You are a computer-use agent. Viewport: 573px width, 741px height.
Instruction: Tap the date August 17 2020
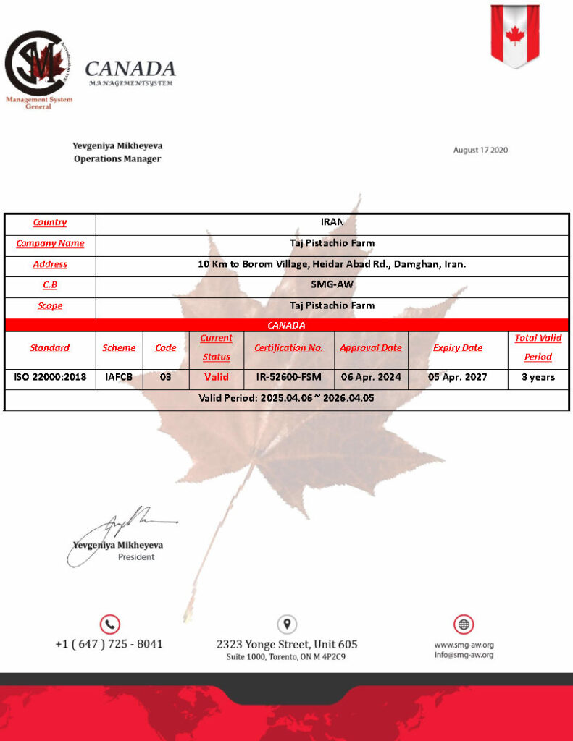tap(480, 151)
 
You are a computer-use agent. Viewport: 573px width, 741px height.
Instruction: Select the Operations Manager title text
tap(117, 159)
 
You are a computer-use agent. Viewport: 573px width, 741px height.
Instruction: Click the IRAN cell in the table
tap(332, 222)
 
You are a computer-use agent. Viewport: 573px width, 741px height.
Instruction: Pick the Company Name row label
tap(50, 244)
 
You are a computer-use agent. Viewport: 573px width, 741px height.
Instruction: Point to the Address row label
tap(50, 265)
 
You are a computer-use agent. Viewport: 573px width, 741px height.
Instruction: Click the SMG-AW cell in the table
tap(332, 285)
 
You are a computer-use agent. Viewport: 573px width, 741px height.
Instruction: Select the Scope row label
tap(50, 306)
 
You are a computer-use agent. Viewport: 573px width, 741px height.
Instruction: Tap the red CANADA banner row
tap(286, 326)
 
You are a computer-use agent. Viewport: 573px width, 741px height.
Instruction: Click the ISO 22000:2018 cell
tap(50, 377)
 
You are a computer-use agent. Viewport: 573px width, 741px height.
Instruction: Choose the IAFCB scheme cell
tap(119, 377)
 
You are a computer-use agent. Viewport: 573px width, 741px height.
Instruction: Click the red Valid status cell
tap(216, 377)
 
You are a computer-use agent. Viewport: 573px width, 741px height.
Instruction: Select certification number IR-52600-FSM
tap(288, 377)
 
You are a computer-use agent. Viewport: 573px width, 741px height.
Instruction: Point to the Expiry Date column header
tap(457, 348)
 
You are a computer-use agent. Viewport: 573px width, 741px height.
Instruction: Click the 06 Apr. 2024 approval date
tap(371, 377)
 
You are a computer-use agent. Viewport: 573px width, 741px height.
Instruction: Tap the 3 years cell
tap(538, 377)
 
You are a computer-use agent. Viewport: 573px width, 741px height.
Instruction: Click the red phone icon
tap(109, 624)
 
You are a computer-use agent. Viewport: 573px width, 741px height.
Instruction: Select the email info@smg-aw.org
tap(464, 656)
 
